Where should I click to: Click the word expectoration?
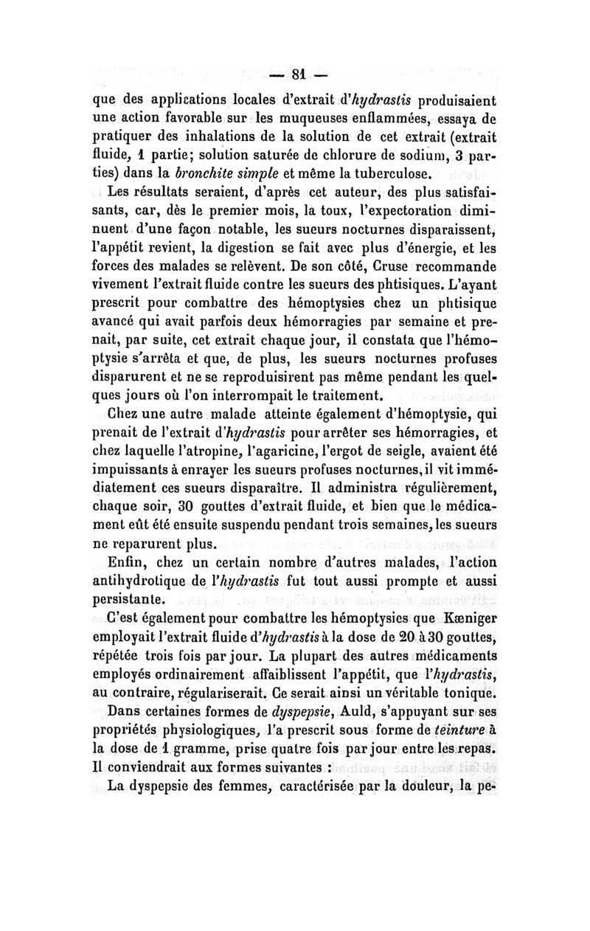point(417,214)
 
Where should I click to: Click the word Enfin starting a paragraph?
point(128,565)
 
